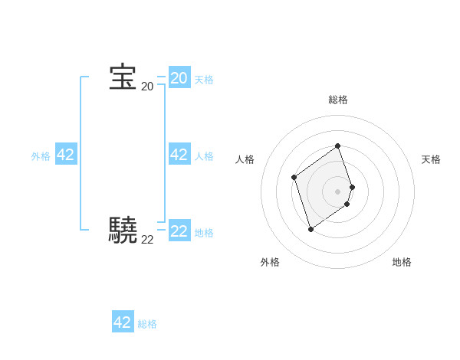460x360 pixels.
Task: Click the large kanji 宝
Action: pyautogui.click(x=123, y=77)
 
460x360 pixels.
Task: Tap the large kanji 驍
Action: pyautogui.click(x=123, y=229)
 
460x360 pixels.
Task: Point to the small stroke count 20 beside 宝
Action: pyautogui.click(x=147, y=87)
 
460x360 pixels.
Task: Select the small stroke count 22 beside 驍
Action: pyautogui.click(x=147, y=240)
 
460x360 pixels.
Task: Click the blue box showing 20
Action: pyautogui.click(x=179, y=78)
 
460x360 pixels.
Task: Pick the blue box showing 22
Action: pyautogui.click(x=179, y=231)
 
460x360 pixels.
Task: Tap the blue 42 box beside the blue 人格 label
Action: pyautogui.click(x=179, y=155)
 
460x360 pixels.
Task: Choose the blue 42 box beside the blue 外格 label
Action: pyautogui.click(x=66, y=155)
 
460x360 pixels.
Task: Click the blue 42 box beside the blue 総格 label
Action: pyautogui.click(x=123, y=322)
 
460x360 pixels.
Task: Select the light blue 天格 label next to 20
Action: pyautogui.click(x=204, y=80)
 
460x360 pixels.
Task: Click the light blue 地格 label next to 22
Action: pyautogui.click(x=204, y=233)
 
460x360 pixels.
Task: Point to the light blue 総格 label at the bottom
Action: pyautogui.click(x=147, y=324)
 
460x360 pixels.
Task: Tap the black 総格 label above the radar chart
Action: pyautogui.click(x=338, y=100)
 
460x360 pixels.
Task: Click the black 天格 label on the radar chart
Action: pyautogui.click(x=431, y=159)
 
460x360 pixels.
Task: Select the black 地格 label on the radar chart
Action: pyautogui.click(x=402, y=262)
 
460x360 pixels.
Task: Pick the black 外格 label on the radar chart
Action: pyautogui.click(x=270, y=262)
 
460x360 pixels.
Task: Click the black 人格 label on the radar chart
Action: pyautogui.click(x=245, y=159)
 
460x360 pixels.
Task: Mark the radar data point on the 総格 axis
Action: pyautogui.click(x=338, y=146)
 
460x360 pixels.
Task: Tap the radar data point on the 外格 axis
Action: pyautogui.click(x=310, y=228)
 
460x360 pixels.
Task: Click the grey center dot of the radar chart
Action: pyautogui.click(x=338, y=191)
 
